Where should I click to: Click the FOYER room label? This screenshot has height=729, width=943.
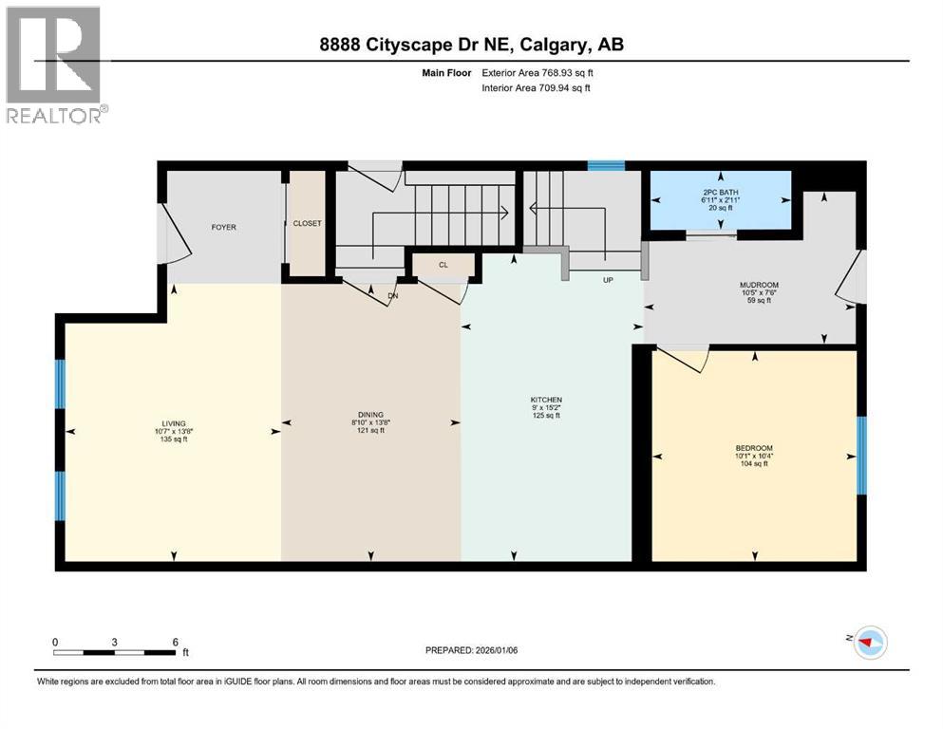[x=223, y=228]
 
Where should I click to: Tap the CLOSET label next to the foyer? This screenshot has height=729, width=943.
[x=307, y=224]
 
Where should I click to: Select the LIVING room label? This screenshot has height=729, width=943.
[x=173, y=423]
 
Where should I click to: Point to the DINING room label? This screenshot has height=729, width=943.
[x=370, y=415]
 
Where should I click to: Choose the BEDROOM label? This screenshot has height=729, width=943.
[x=754, y=448]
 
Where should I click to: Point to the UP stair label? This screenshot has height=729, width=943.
[x=608, y=281]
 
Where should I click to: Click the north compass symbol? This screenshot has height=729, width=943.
[x=869, y=642]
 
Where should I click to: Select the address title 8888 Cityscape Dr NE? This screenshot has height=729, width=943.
[x=471, y=45]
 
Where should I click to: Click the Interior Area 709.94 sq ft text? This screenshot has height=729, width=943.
[x=536, y=88]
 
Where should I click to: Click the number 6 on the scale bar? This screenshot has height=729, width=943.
[x=175, y=642]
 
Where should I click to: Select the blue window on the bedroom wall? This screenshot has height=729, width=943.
[x=861, y=457]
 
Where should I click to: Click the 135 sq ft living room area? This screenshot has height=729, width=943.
[x=173, y=439]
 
